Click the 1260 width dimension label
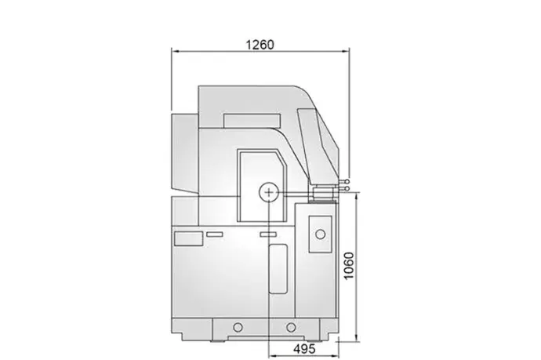point(260,45)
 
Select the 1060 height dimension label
point(349,266)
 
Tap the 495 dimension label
point(304,348)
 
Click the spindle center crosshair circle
point(269,192)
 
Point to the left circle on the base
point(238,327)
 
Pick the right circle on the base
point(291,327)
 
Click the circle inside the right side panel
point(320,235)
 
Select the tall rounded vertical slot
point(278,269)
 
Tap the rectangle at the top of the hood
point(252,121)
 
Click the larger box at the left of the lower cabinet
point(188,239)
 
